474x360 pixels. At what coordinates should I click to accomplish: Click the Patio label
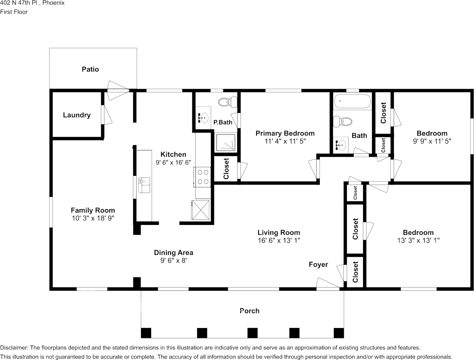pos(90,69)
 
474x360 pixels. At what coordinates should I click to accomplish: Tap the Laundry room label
pos(77,115)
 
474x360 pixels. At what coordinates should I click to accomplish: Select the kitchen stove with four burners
pos(202,177)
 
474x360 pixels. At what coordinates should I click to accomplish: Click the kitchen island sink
pos(144,185)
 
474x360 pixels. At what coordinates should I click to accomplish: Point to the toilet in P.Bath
pos(228,102)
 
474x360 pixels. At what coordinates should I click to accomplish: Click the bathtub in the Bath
pos(352,101)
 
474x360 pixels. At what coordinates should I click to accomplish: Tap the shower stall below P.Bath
pos(226,142)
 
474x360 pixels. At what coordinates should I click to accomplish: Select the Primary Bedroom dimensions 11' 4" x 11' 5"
pos(285,141)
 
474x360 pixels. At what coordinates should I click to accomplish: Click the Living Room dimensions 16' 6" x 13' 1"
pos(279,241)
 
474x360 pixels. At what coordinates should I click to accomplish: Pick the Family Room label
pos(93,210)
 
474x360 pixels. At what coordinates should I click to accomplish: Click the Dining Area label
pos(173,253)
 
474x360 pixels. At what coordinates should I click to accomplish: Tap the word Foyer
pos(318,264)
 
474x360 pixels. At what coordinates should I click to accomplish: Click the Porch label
pos(250,311)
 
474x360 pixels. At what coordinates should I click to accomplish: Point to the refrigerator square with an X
pos(200,210)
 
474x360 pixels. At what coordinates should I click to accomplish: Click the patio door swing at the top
pos(118,91)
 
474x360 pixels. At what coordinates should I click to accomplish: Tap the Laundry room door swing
pos(107,115)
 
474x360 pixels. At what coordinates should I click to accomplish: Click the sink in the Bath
pos(340,145)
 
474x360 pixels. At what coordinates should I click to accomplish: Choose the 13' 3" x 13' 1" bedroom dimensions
pos(418,241)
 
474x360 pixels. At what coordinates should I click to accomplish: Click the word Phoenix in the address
pos(53,3)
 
